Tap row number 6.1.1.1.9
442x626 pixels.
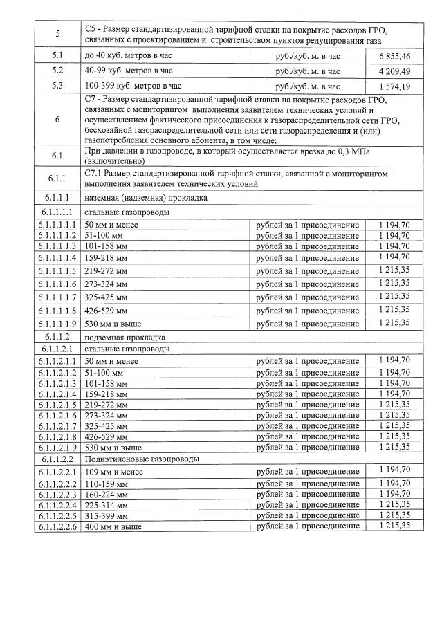pyautogui.click(x=57, y=323)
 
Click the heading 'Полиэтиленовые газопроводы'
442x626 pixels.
pyautogui.click(x=132, y=459)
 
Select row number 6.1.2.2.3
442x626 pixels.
pyautogui.click(x=57, y=494)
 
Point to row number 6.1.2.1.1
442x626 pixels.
pyautogui.click(x=57, y=361)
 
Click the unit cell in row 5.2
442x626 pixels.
pyautogui.click(x=308, y=71)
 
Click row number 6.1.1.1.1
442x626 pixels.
pyautogui.click(x=57, y=225)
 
